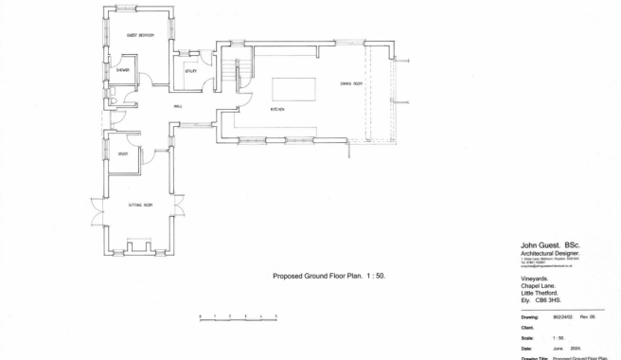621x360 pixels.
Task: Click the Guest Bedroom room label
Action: (140, 35)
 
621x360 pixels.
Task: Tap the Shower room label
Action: (123, 70)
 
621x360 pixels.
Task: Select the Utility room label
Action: (190, 70)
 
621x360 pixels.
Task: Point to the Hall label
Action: (177, 106)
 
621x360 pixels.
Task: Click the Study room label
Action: (123, 153)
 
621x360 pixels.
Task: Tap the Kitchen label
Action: (278, 110)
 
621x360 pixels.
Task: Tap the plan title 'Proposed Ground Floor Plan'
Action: (322, 276)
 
